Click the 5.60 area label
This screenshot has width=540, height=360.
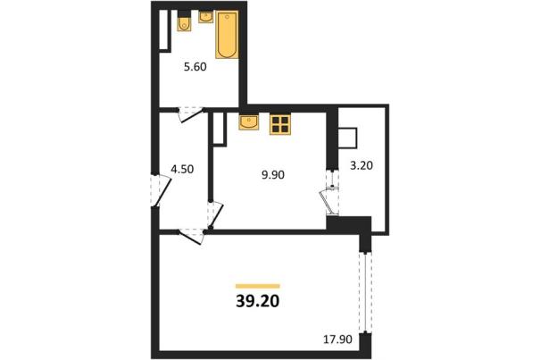tap(195, 67)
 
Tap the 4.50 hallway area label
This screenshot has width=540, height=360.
tap(182, 169)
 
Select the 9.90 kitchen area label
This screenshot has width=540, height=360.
tap(273, 175)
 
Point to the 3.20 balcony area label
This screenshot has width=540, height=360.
tap(361, 165)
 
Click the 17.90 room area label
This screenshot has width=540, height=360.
tap(337, 339)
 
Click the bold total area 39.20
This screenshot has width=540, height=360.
tap(258, 301)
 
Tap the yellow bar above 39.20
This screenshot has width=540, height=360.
tap(258, 286)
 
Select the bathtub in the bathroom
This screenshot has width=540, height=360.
tap(227, 35)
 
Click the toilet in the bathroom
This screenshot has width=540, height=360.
tap(184, 21)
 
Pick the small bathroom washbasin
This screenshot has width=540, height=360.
tap(206, 17)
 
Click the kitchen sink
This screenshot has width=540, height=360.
tap(249, 122)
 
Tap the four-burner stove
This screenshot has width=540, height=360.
tap(280, 124)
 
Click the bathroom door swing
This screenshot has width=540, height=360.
tap(190, 114)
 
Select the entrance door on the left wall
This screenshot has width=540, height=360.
tap(161, 190)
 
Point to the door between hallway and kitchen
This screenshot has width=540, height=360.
tap(216, 214)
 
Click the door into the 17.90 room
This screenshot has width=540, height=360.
tap(192, 236)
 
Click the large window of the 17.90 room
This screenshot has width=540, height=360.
tap(365, 292)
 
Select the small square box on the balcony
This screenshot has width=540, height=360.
tap(347, 138)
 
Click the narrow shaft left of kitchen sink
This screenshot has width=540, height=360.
tap(219, 129)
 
